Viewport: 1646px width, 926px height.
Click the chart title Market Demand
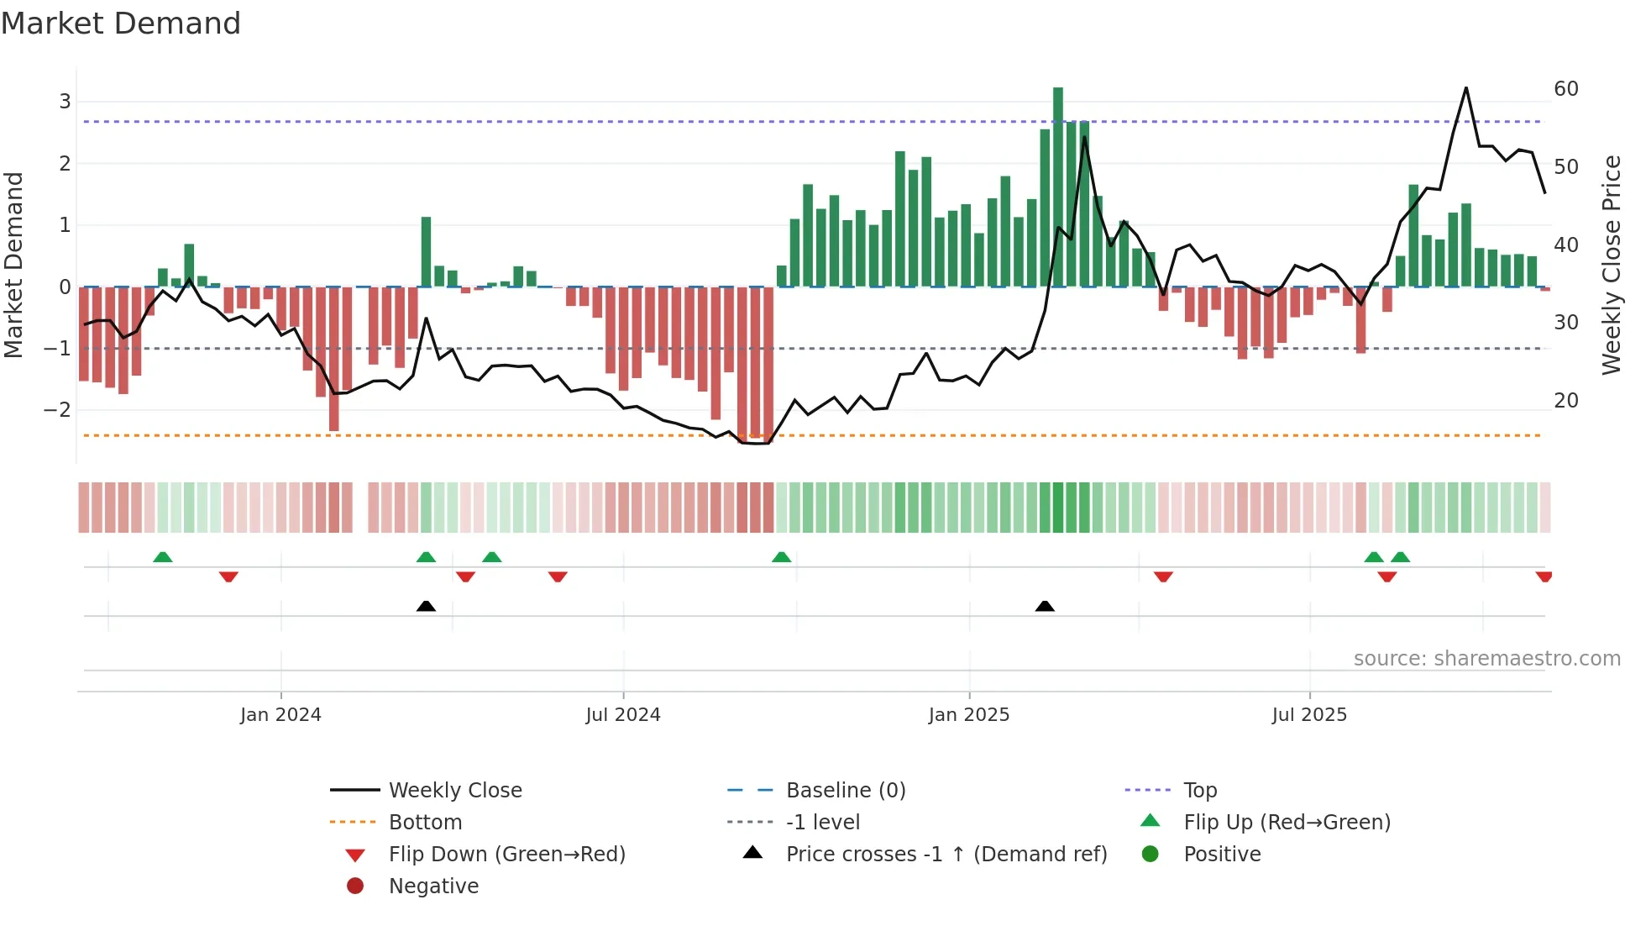121,23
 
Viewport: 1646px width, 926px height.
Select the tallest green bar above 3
1058,185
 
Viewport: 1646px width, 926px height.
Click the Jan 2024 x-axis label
280,715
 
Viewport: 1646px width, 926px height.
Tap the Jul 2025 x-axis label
1309,715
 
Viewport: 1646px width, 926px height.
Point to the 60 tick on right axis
1566,89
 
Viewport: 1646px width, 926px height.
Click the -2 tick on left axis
57,410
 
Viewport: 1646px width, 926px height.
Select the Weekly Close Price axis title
1611,265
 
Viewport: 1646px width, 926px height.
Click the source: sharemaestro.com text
1486,659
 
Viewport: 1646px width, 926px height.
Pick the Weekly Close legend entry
454,791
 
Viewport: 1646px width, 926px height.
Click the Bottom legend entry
425,823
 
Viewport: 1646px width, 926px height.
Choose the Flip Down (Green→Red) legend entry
506,855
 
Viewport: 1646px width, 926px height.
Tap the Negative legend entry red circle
355,887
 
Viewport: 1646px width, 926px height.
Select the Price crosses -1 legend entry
946,855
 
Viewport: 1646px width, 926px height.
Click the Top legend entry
1200,791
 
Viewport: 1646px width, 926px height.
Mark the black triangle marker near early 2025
1045,606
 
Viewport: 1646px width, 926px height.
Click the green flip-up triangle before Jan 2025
782,557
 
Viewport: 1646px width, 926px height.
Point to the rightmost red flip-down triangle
1544,576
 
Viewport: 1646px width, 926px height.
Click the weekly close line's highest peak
1466,88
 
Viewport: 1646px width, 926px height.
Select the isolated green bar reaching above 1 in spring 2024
427,252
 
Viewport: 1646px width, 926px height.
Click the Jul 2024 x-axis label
623,715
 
